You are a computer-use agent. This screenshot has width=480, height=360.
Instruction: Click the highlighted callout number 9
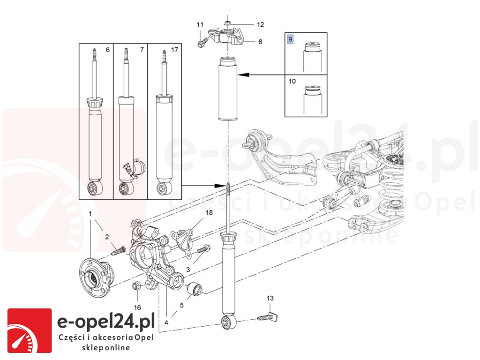pyautogui.click(x=290, y=39)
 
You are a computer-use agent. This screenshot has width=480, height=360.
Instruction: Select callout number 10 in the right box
pyautogui.click(x=292, y=81)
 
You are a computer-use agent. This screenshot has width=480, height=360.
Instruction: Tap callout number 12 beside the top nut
pyautogui.click(x=260, y=24)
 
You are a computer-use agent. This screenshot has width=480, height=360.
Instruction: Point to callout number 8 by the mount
pyautogui.click(x=260, y=41)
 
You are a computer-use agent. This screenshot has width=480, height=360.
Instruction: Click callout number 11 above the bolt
pyautogui.click(x=200, y=24)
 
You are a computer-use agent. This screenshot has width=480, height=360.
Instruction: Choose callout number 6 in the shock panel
pyautogui.click(x=108, y=49)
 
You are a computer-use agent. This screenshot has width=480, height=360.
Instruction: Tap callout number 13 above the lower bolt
pyautogui.click(x=270, y=298)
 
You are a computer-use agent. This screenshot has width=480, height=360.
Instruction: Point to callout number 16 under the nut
pyautogui.click(x=137, y=307)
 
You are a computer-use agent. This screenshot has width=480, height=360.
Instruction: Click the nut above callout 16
pyautogui.click(x=136, y=286)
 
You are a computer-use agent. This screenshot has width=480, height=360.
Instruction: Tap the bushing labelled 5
pyautogui.click(x=194, y=290)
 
